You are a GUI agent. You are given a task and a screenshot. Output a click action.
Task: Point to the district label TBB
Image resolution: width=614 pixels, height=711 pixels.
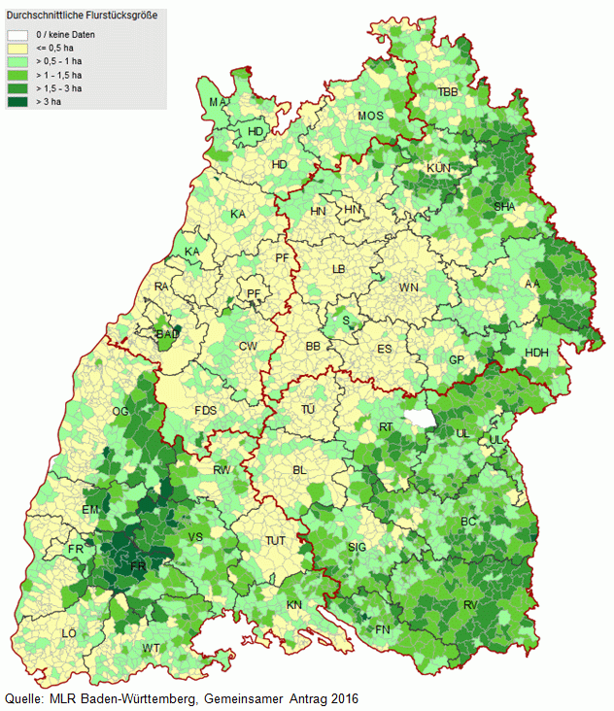[447, 91]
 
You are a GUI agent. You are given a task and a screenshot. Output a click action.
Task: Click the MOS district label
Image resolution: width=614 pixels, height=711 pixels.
[370, 117]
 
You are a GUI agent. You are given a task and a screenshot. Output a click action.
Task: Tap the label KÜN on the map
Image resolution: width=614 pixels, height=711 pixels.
[439, 168]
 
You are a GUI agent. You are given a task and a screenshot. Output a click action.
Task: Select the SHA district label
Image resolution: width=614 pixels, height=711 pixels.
[504, 207]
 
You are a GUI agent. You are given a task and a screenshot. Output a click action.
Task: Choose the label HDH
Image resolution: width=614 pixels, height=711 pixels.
[536, 352]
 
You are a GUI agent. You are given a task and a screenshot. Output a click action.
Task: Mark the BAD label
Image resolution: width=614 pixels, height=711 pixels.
[168, 335]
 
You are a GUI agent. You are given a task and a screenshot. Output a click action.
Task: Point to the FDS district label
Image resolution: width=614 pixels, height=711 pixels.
[205, 411]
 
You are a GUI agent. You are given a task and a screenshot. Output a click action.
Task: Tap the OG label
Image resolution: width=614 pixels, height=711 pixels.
[120, 412]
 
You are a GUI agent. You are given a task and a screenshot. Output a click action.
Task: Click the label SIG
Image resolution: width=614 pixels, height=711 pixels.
[358, 548]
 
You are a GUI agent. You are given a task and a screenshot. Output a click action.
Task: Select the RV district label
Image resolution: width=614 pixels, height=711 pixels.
[470, 605]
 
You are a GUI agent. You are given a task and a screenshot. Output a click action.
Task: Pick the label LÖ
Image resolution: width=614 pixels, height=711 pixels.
[69, 633]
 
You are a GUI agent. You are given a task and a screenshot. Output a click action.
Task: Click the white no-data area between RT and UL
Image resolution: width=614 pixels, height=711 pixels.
[419, 419]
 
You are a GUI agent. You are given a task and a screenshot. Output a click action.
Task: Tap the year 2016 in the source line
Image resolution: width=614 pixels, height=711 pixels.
[341, 699]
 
